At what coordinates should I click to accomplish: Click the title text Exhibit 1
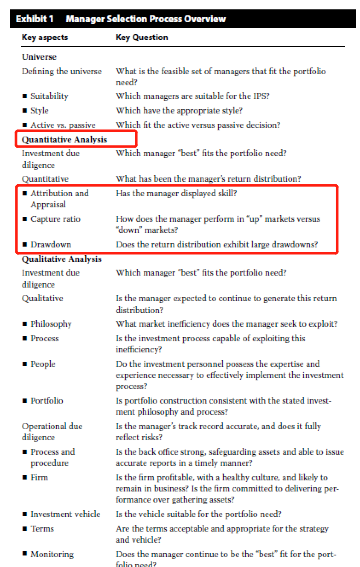click(x=36, y=19)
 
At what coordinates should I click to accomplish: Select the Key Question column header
click(x=142, y=38)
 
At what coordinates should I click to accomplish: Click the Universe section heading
click(x=39, y=57)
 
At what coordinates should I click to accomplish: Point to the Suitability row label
click(x=49, y=96)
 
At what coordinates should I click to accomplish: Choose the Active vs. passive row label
click(x=63, y=125)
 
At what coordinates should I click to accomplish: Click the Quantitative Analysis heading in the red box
click(x=64, y=140)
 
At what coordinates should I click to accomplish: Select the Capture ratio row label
click(x=55, y=219)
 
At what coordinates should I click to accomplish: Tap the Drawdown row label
click(x=51, y=244)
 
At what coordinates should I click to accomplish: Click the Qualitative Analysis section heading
click(x=62, y=259)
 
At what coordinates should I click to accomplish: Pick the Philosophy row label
click(x=51, y=324)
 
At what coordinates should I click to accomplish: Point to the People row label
click(x=43, y=364)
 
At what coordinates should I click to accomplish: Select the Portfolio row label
click(x=46, y=401)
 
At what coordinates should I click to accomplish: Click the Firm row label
click(x=39, y=477)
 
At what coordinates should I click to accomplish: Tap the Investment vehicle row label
click(x=65, y=514)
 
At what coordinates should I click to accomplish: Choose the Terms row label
click(x=42, y=529)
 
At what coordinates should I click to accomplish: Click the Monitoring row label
click(x=52, y=554)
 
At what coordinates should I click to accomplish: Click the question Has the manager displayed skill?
click(x=176, y=193)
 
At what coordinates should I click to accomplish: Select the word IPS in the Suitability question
click(x=260, y=96)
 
